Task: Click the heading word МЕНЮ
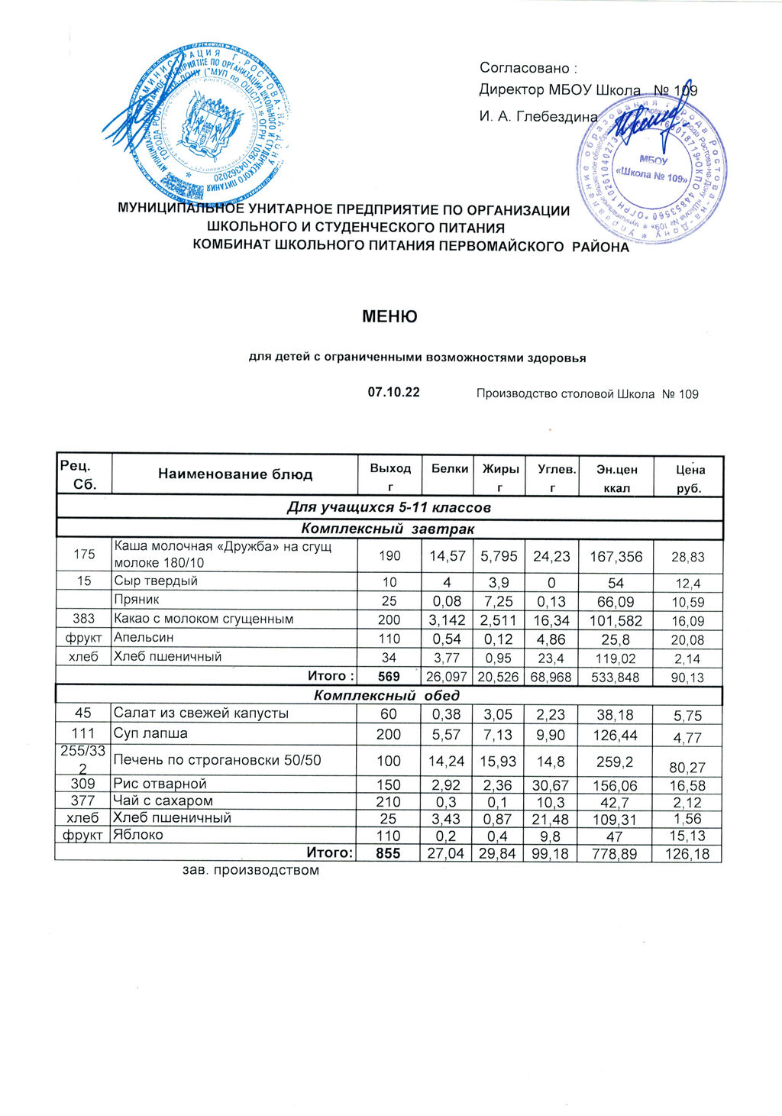tap(389, 316)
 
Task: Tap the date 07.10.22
tap(394, 393)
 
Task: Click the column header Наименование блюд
tap(235, 474)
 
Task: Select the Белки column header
tap(449, 469)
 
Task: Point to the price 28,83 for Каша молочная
tap(687, 558)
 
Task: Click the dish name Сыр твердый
tap(156, 581)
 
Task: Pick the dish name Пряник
tap(137, 600)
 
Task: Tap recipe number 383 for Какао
tap(83, 619)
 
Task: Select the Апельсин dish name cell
tap(144, 637)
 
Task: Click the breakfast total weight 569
tap(389, 676)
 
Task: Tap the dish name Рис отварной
tap(160, 784)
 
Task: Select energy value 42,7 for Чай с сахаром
tap(616, 802)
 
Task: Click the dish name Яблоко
tap(138, 835)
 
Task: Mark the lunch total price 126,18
tap(687, 853)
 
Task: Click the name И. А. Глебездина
tap(538, 117)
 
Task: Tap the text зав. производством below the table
tap(250, 870)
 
